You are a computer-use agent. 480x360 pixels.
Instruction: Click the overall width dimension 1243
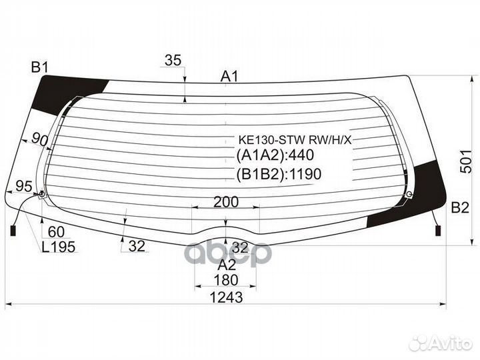[x=226, y=297]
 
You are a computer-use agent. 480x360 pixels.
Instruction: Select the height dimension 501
[x=466, y=161]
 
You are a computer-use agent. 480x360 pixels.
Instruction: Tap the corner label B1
[x=40, y=67]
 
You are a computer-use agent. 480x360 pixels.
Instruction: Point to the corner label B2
[x=460, y=208]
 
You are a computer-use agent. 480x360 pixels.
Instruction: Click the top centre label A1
[x=229, y=77]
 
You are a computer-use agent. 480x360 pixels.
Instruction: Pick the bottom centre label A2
[x=227, y=265]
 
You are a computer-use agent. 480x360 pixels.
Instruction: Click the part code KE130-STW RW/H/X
[x=295, y=140]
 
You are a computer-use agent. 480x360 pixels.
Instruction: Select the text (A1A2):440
[x=275, y=155]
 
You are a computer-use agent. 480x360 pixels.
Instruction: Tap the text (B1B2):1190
[x=279, y=174]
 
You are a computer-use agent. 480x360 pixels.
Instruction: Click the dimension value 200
[x=226, y=202]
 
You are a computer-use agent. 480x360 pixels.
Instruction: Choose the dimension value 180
[x=226, y=280]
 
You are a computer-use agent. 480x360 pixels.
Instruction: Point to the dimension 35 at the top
[x=173, y=60]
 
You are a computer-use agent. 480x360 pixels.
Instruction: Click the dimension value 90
[x=40, y=139]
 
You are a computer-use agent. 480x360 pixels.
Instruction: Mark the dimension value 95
[x=24, y=186]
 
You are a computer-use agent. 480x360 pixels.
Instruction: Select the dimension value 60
[x=56, y=232]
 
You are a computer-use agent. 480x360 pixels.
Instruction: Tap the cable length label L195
[x=59, y=247]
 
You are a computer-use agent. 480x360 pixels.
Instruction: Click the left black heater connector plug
[x=13, y=231]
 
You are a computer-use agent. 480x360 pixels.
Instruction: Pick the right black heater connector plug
[x=438, y=231]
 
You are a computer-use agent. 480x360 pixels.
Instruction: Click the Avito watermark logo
[x=441, y=343]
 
